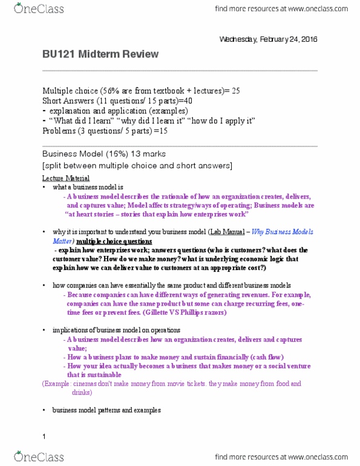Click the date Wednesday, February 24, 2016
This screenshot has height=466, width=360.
267,39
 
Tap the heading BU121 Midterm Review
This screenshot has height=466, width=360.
100,54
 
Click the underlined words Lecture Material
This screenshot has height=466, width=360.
66,179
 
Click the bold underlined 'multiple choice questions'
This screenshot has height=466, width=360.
94,240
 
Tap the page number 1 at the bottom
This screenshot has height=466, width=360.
44,436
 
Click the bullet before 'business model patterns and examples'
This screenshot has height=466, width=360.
45,410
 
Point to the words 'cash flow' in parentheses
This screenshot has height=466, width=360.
264,357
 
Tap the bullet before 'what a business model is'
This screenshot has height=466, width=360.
45,188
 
